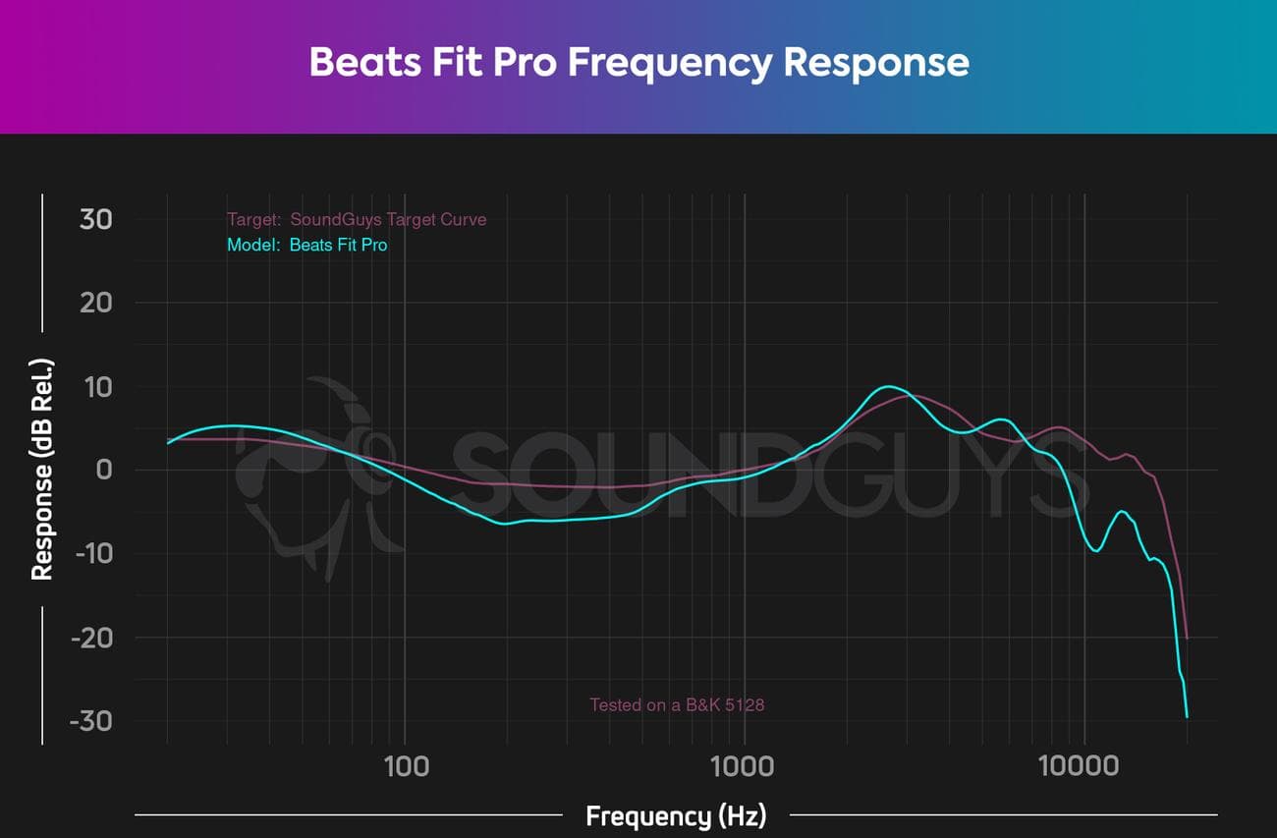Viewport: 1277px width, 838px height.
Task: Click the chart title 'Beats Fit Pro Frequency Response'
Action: click(638, 62)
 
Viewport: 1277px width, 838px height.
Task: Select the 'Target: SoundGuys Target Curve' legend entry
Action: click(356, 219)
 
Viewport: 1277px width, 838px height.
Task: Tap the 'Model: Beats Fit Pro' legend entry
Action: click(306, 245)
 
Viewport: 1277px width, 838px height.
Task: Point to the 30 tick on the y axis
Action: click(95, 219)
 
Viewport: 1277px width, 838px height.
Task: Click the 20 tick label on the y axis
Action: click(95, 303)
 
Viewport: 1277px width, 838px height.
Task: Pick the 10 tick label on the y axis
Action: click(97, 386)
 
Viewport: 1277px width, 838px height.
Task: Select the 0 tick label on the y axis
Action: click(103, 470)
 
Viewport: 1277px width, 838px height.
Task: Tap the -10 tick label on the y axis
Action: click(91, 553)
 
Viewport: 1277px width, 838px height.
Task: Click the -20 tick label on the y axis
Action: click(91, 637)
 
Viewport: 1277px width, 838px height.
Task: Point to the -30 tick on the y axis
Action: click(91, 720)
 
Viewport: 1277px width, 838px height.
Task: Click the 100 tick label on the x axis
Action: click(406, 765)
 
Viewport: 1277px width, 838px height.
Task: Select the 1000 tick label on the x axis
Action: click(745, 765)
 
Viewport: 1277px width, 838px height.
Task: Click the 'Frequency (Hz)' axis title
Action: click(676, 815)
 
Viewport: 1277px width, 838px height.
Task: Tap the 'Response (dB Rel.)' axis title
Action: click(42, 470)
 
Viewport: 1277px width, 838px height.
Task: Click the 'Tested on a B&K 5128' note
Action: click(677, 704)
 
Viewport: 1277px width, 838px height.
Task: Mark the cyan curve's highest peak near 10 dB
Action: click(888, 386)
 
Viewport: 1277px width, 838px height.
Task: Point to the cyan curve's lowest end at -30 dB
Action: click(1187, 716)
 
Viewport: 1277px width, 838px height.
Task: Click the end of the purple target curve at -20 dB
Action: click(1187, 638)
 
